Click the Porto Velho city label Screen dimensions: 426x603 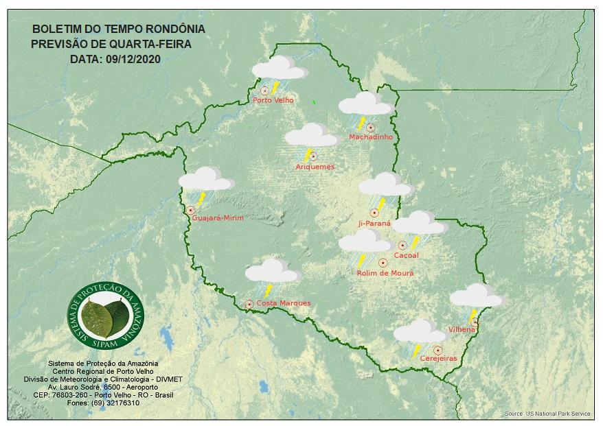pyautogui.click(x=273, y=100)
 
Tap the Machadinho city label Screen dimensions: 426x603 pyautogui.click(x=370, y=137)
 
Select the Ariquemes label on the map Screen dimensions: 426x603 pyautogui.click(x=315, y=167)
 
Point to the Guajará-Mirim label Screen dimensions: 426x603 pyautogui.click(x=218, y=217)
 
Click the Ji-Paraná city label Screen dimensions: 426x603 pyautogui.click(x=374, y=224)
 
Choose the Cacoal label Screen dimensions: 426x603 pyautogui.click(x=406, y=256)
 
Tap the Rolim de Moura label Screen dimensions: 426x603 pyautogui.click(x=385, y=273)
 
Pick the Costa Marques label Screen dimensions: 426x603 pyautogui.click(x=284, y=303)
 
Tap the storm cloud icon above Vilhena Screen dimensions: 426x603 pyautogui.click(x=476, y=297)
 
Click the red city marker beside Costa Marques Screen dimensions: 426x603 pyautogui.click(x=249, y=303)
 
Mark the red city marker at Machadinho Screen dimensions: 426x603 pyautogui.click(x=370, y=127)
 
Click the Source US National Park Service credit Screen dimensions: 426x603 pyautogui.click(x=547, y=414)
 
